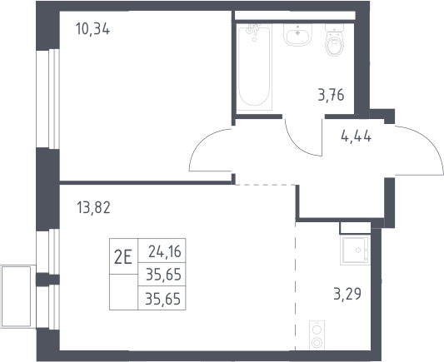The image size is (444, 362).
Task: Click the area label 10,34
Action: coord(92,29)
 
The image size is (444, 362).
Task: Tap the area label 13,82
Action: coord(93,207)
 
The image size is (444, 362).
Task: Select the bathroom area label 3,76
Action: coord(331,95)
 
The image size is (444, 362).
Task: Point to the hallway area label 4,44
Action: coord(357,136)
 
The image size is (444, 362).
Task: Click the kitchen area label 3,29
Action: coord(347,294)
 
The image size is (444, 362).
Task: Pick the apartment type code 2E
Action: coord(123,258)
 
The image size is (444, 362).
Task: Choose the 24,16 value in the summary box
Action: coord(165,251)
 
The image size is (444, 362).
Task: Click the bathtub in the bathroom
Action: coord(254,67)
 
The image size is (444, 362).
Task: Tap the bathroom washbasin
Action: coord(298,35)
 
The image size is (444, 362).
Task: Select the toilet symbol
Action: coord(334,40)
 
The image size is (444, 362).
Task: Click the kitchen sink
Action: coord(356,250)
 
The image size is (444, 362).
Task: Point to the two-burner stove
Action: coord(317,335)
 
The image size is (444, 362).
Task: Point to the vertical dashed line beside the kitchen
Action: coord(296,285)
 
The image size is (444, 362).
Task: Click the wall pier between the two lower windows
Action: coord(47,280)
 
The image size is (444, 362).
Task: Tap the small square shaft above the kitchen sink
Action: coord(355,228)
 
